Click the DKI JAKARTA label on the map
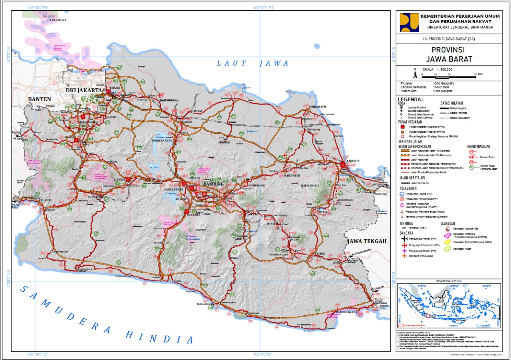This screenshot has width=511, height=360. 84,90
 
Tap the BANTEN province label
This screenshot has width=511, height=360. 39,99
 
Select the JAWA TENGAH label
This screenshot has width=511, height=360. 366,241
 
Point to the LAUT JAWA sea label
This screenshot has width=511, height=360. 253,63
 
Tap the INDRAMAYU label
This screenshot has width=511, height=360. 317,107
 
